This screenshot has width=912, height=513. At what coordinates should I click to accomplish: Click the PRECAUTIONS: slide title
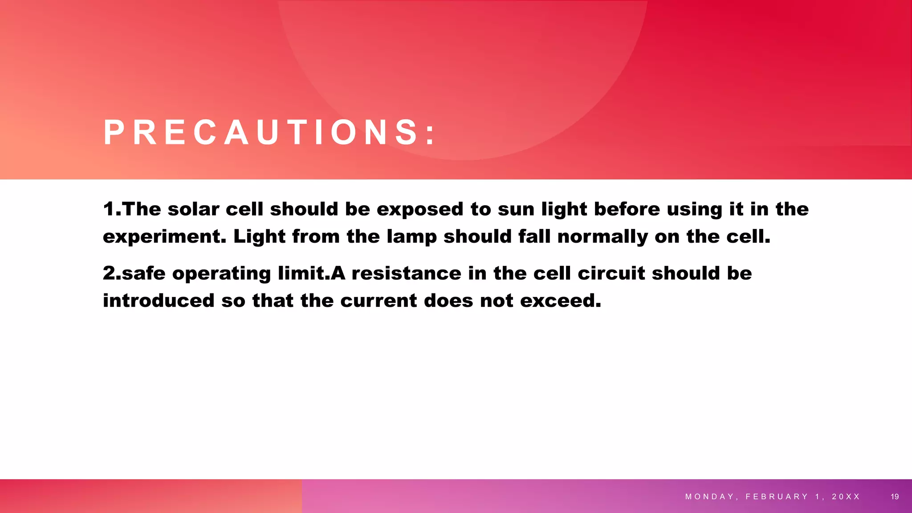click(x=269, y=133)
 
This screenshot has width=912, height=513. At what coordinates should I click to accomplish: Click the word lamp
click(x=411, y=237)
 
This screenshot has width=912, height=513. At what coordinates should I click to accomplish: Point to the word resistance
click(x=406, y=273)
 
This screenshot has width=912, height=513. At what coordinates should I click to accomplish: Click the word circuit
click(x=611, y=273)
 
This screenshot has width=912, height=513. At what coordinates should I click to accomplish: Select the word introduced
click(x=159, y=301)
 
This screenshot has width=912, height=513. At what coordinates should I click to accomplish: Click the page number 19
click(x=895, y=497)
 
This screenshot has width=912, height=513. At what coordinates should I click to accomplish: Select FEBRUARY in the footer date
click(x=777, y=497)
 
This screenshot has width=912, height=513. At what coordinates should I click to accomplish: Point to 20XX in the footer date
click(x=846, y=497)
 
